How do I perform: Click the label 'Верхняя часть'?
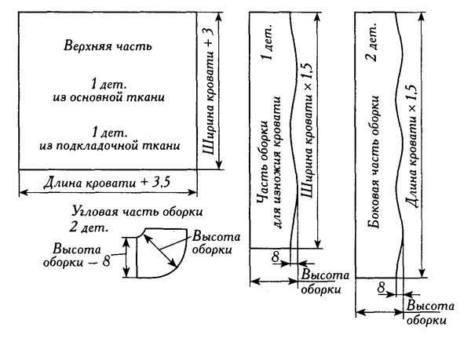tap(108, 46)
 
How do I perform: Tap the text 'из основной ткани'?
tap(109, 97)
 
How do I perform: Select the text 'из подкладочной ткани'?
tap(110, 146)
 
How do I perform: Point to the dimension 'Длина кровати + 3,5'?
tap(107, 183)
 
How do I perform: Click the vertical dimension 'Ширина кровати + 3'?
tap(209, 91)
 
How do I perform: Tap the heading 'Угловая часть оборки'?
tap(137, 212)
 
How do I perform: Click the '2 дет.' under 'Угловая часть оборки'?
tap(89, 227)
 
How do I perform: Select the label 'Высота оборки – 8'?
tap(77, 256)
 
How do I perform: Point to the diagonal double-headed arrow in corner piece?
tap(160, 250)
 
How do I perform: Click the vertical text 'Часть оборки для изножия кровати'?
tap(269, 162)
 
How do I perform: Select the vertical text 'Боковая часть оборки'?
tap(374, 162)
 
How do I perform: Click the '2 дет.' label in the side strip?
tap(372, 42)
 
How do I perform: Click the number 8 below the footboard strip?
tap(276, 256)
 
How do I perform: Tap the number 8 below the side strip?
tap(382, 288)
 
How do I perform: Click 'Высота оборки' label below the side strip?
tap(429, 313)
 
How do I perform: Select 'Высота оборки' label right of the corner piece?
tap(216, 243)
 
